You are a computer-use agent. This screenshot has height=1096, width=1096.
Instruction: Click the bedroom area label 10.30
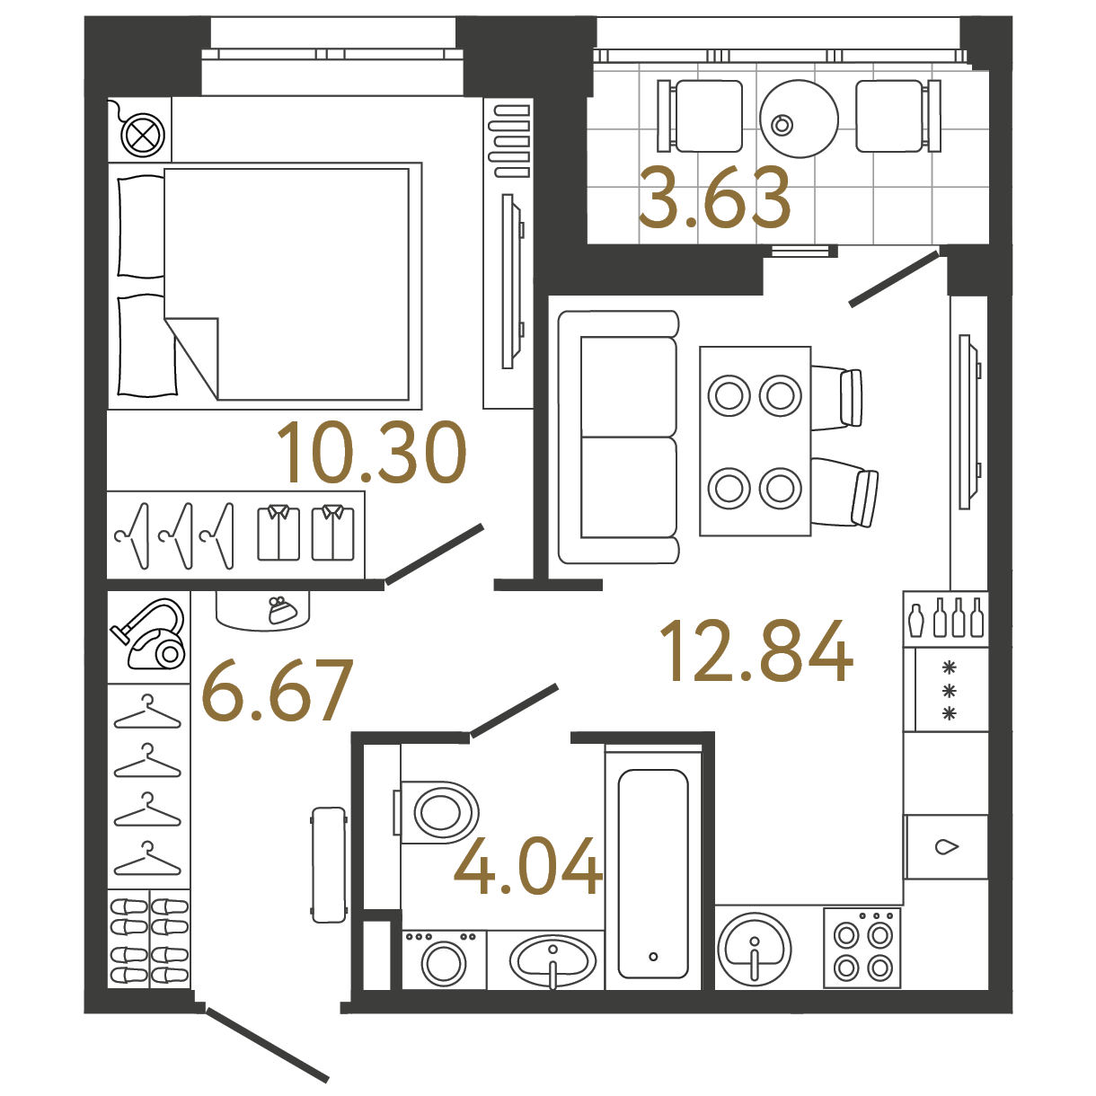tap(371, 453)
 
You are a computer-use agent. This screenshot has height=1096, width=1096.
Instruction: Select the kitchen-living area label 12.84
tap(756, 650)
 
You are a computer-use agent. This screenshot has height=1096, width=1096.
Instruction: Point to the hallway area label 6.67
tap(278, 690)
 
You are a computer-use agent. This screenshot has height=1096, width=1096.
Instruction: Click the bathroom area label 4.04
tap(528, 866)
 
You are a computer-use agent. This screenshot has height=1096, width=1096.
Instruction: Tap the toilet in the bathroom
tap(436, 811)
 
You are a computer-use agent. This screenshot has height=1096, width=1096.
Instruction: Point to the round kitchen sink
tap(755, 949)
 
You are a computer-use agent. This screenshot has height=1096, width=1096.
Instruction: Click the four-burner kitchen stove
tap(862, 948)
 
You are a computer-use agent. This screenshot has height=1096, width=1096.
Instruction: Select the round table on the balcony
tap(800, 119)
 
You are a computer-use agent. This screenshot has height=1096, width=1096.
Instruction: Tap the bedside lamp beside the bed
tap(144, 136)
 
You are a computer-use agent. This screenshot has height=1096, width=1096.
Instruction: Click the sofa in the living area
tap(619, 437)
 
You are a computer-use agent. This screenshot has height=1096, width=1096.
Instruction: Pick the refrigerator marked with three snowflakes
tap(945, 689)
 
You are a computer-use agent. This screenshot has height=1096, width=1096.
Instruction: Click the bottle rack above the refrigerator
tap(945, 619)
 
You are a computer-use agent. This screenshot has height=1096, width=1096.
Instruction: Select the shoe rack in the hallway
tap(149, 939)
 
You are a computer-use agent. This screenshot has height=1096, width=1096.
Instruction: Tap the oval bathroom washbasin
tap(552, 962)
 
